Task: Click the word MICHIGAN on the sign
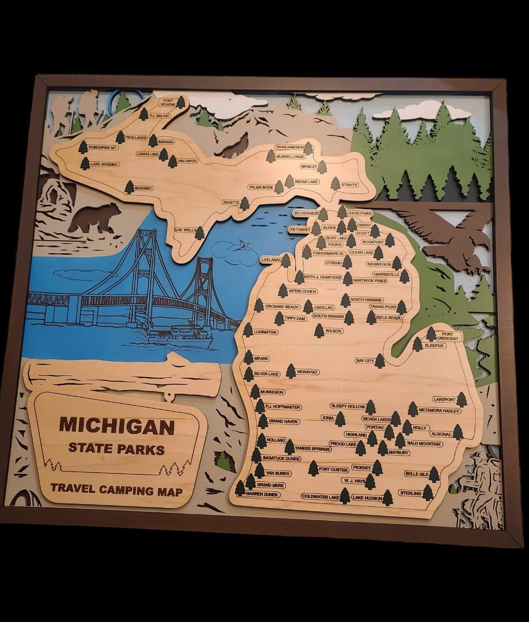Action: tap(116, 425)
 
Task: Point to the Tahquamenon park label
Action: tap(289, 147)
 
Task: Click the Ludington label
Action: tap(265, 331)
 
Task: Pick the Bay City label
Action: tap(365, 360)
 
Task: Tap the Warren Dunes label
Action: tap(262, 494)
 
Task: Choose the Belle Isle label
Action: tap(417, 474)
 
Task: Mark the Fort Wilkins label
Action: tap(167, 102)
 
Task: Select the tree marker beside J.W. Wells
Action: tap(200, 233)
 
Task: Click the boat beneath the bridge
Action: tap(181, 337)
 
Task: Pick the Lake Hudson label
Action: tap(367, 497)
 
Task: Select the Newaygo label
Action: tap(307, 372)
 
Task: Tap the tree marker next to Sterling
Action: tap(428, 493)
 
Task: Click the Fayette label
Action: tap(231, 203)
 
